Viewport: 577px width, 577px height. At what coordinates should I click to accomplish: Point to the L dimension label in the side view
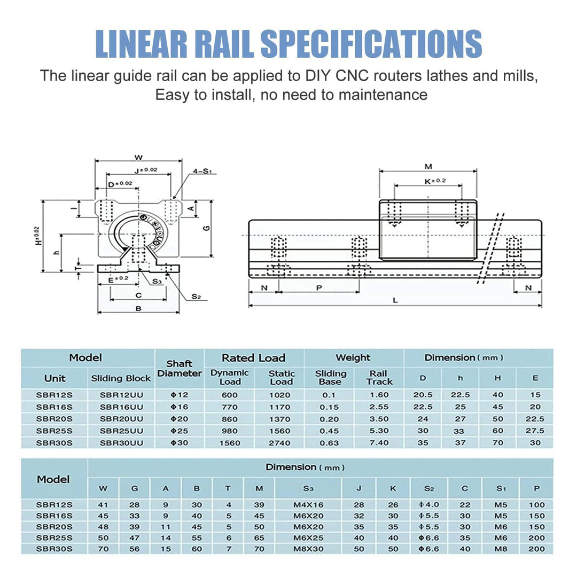click(x=395, y=300)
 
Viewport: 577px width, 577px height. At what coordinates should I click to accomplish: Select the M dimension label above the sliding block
click(x=428, y=166)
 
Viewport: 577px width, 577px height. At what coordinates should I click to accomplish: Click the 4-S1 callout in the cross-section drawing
click(x=203, y=171)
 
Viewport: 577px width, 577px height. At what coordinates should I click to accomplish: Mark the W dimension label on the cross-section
click(x=138, y=157)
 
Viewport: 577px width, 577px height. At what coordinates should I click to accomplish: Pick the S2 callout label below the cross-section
click(x=196, y=297)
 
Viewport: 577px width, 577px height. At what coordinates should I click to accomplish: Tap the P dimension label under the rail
click(x=319, y=287)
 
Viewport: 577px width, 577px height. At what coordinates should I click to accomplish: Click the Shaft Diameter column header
click(x=180, y=368)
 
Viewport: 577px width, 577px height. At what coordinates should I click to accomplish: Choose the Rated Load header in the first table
click(x=253, y=358)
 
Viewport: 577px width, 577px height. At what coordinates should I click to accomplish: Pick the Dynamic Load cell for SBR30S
click(x=230, y=443)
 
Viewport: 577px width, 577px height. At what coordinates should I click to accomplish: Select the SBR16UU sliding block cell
click(x=120, y=407)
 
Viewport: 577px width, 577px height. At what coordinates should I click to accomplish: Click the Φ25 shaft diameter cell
click(x=179, y=431)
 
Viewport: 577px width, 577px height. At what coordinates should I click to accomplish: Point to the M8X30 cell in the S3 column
click(x=308, y=549)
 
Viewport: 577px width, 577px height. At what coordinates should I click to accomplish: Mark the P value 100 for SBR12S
click(x=536, y=505)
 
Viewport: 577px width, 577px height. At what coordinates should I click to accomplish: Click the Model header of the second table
click(x=53, y=479)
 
